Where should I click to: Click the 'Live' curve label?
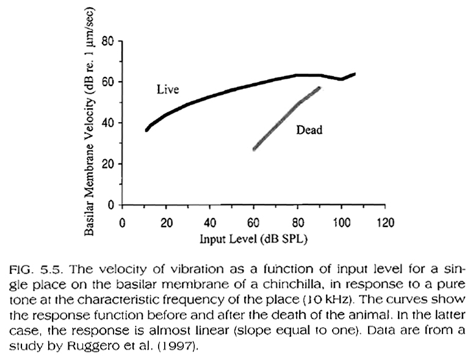(167, 90)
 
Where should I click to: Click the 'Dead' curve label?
(309, 129)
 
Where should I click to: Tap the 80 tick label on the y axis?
(109, 41)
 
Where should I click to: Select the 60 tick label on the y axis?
(109, 82)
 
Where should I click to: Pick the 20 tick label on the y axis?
(109, 164)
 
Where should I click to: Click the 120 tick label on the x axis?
(384, 222)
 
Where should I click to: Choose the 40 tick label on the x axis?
(210, 222)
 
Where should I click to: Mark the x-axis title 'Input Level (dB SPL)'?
(253, 239)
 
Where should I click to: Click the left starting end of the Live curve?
(146, 130)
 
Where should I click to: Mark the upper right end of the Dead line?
(320, 88)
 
